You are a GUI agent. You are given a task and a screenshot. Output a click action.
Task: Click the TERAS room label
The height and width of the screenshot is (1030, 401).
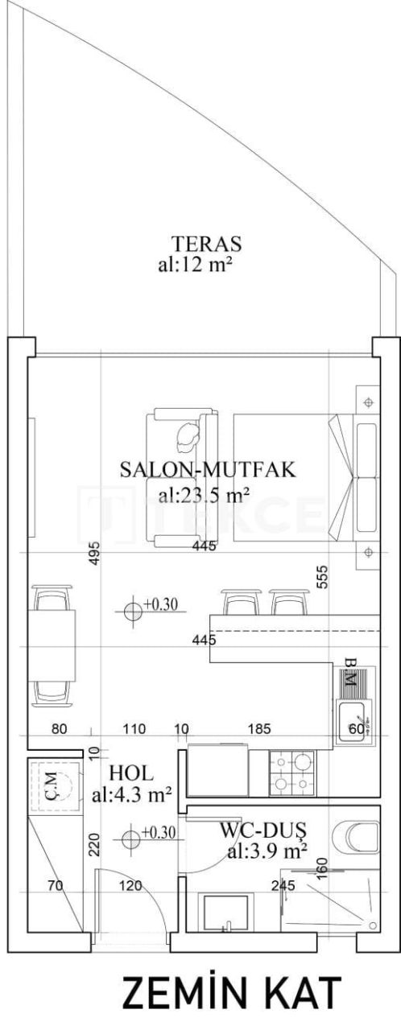click(207, 242)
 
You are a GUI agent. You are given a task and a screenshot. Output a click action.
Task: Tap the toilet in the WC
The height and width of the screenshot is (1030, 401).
click(358, 837)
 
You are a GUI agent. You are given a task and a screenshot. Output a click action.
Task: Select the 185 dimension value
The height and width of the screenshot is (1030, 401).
click(259, 730)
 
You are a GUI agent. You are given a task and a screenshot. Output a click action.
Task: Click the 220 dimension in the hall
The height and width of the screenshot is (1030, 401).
click(93, 843)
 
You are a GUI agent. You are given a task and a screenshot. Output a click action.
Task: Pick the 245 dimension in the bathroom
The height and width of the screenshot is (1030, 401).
click(283, 886)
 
